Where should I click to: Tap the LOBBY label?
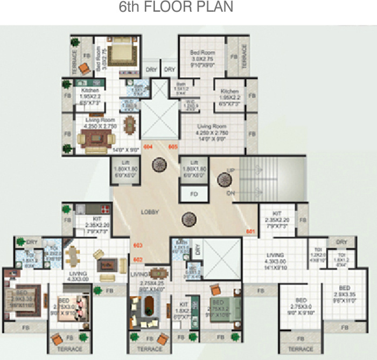150,212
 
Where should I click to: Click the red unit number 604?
148,147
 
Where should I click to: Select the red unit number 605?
173,147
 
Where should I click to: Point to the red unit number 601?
250,232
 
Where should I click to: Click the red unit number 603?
137,245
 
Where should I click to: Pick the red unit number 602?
137,260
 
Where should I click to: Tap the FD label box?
194,193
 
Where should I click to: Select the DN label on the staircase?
231,192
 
